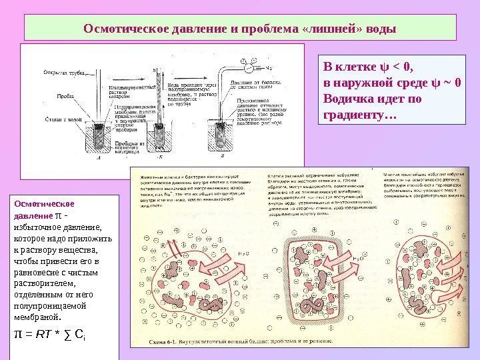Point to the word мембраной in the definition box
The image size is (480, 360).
point(37,316)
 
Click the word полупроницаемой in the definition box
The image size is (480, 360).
point(50,304)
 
